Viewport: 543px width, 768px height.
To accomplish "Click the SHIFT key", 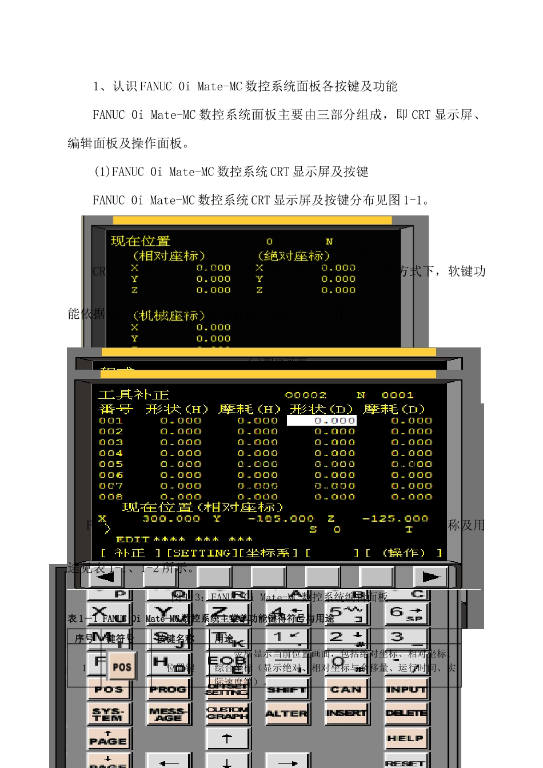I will [x=286, y=690].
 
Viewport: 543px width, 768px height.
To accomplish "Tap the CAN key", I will [x=346, y=690].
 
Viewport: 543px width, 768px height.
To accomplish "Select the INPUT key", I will [x=406, y=690].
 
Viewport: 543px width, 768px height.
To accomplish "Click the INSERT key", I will [x=346, y=713].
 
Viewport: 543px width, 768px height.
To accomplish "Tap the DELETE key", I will [x=406, y=713].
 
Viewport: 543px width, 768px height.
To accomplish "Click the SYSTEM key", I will [x=109, y=714].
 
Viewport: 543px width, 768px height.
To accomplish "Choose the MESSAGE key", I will [x=168, y=714].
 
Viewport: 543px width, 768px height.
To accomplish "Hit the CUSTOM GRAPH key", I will [x=227, y=713].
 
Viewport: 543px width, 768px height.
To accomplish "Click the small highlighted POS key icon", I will [x=122, y=666].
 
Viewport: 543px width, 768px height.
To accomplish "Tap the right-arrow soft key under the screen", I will [x=430, y=577].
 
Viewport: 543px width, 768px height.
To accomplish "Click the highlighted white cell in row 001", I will [x=321, y=421].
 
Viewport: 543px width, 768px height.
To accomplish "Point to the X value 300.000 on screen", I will [x=171, y=519].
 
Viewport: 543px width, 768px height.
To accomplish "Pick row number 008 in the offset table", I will [x=111, y=497].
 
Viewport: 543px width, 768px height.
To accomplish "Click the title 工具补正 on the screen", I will [x=134, y=395].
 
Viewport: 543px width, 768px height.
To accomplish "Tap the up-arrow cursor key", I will [x=227, y=738].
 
